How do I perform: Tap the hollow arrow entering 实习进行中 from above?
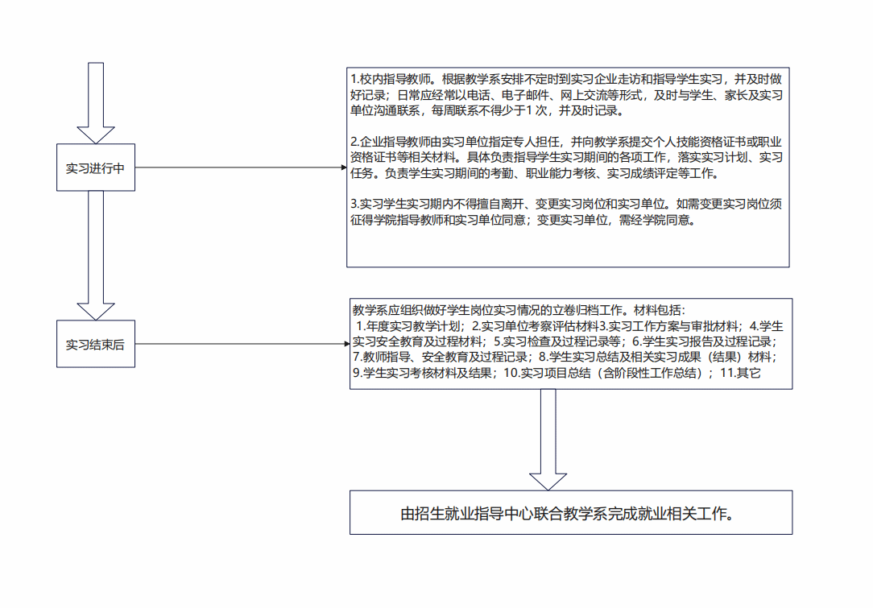pyautogui.click(x=96, y=103)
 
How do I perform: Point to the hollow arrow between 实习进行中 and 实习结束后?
pyautogui.click(x=96, y=255)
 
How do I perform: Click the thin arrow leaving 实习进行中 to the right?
pyautogui.click(x=241, y=167)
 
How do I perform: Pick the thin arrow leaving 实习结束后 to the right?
pyautogui.click(x=242, y=344)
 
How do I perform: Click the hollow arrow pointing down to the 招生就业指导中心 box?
pyautogui.click(x=548, y=440)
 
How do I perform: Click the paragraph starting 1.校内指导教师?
pyautogui.click(x=566, y=95)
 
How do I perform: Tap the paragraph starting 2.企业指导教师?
pyautogui.click(x=566, y=158)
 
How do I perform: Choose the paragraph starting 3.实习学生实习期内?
pyautogui.click(x=566, y=212)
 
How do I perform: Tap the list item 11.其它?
pyautogui.click(x=740, y=373)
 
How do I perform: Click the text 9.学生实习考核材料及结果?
pyautogui.click(x=423, y=373)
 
